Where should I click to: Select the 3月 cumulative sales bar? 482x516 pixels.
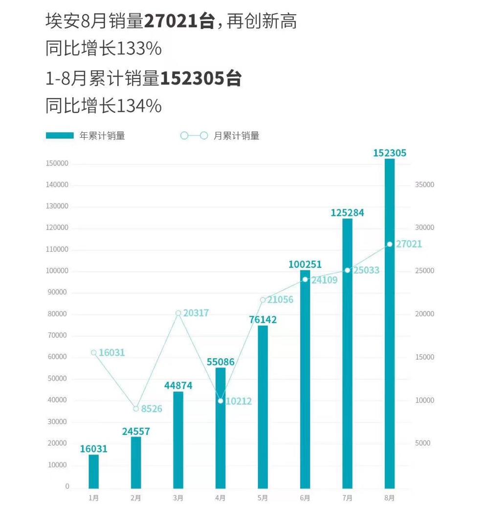[x=178, y=439]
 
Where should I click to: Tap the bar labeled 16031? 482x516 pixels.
[x=93, y=471]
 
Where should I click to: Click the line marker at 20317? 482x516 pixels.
[x=178, y=313]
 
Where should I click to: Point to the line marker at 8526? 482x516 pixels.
[x=136, y=409]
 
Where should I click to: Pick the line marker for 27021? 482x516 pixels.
[x=390, y=244]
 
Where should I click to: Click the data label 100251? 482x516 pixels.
[x=305, y=264]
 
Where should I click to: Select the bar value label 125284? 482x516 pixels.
[x=347, y=213]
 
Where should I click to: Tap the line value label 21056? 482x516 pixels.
[x=280, y=300]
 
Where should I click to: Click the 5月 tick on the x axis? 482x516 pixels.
[x=263, y=498]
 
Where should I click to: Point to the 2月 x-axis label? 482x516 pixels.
[x=136, y=498]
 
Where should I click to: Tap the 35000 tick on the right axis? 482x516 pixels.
[x=424, y=185]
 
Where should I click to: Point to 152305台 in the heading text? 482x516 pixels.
[x=201, y=78]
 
